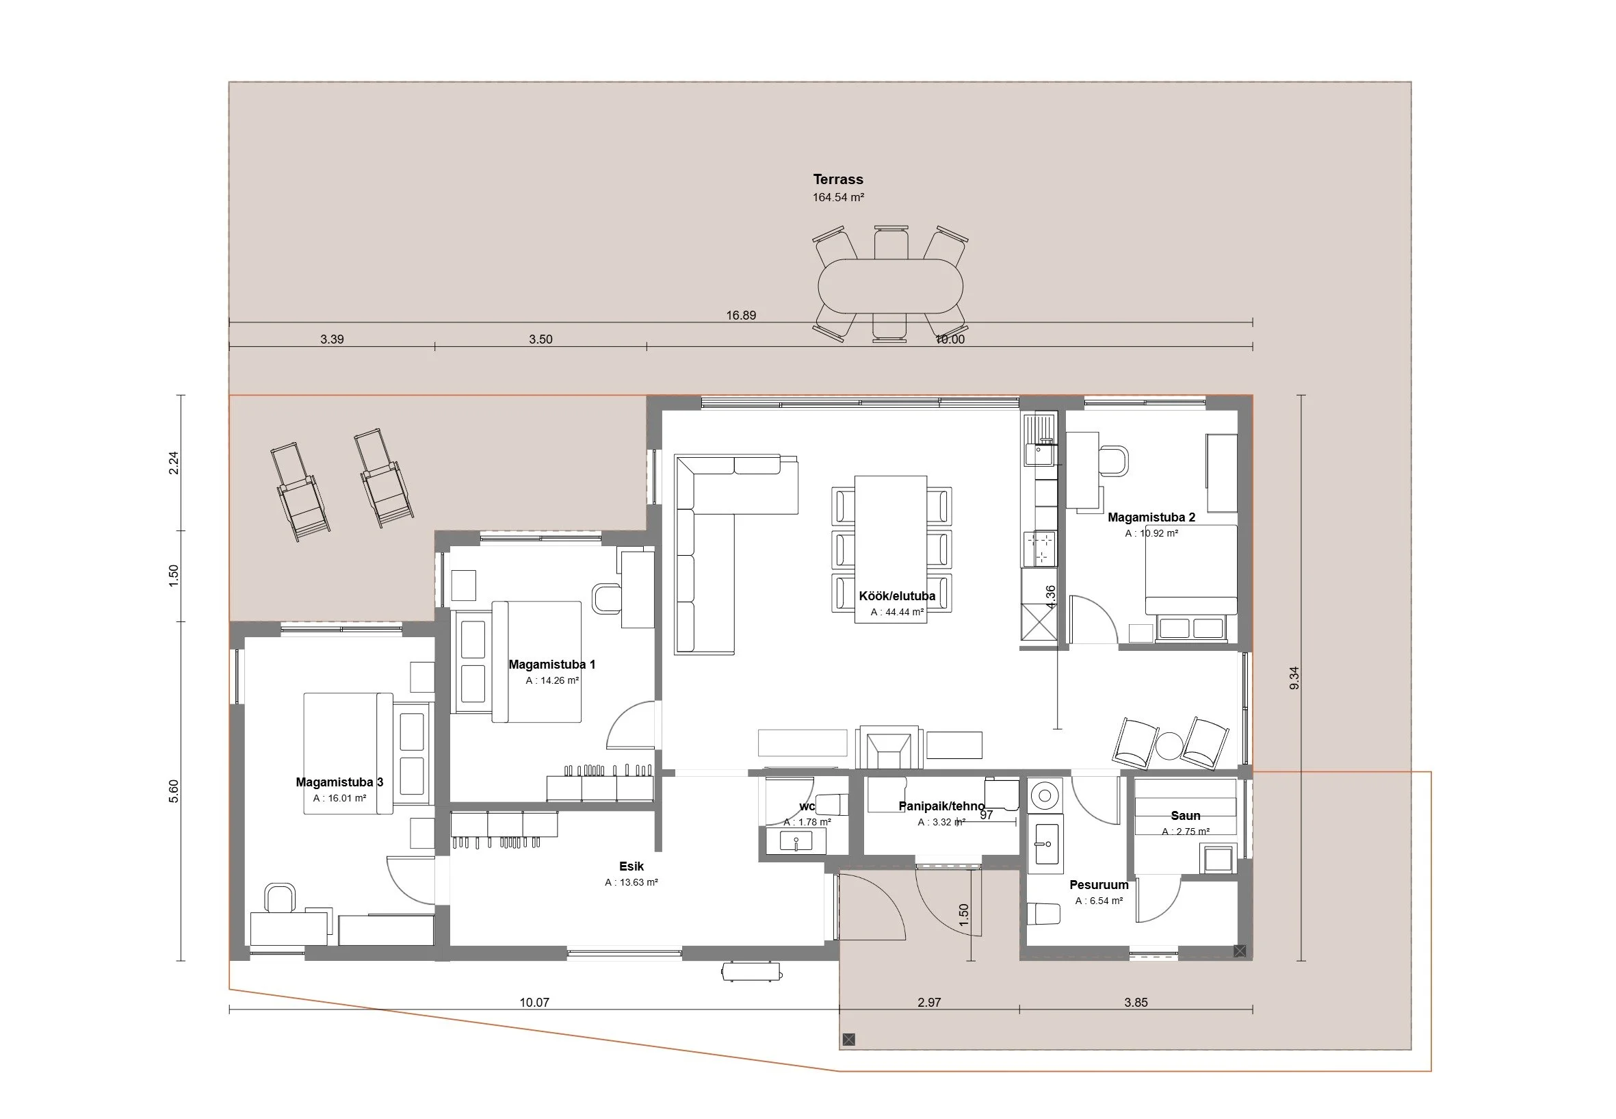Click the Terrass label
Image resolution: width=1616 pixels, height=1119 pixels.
[x=837, y=179]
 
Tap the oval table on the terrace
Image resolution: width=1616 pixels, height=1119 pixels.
[x=890, y=286]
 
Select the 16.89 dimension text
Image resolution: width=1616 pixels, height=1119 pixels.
[x=741, y=316]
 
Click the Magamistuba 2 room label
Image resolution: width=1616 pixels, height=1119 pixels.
[x=1151, y=517]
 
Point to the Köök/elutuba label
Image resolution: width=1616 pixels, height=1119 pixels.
[x=897, y=596]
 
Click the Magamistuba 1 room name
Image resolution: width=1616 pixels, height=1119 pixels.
[x=552, y=665]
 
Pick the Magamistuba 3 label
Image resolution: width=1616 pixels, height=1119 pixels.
[x=339, y=782]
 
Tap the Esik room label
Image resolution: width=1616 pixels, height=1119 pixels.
[x=631, y=866]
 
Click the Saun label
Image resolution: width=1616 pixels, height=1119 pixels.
[x=1186, y=815]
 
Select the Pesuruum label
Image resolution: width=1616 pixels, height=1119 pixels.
[x=1099, y=885]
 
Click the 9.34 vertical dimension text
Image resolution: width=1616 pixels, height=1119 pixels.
[x=1294, y=678]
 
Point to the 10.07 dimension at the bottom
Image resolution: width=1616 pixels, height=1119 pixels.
[x=534, y=1003]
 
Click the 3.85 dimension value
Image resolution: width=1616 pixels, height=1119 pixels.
[x=1136, y=1003]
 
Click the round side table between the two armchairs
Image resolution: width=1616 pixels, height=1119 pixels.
[x=1169, y=745]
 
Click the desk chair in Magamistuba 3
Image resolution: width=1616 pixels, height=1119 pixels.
[x=281, y=898]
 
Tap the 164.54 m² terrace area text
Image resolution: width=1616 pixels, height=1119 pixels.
[x=838, y=198]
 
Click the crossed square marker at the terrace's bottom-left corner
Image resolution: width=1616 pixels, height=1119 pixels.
[x=848, y=1040]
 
